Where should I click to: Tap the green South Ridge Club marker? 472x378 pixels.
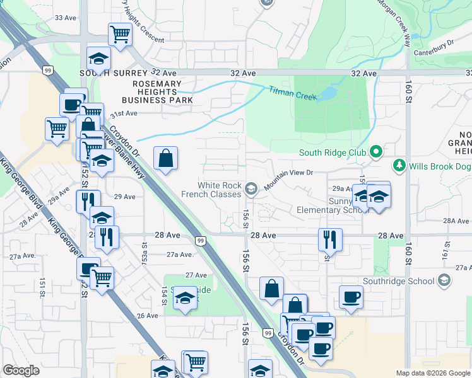coord(377,152)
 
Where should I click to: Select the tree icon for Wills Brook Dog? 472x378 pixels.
coord(399,166)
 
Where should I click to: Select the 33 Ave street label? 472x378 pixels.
coord(65,18)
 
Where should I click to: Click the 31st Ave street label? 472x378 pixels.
coord(124,113)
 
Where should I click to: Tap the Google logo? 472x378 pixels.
coord(21,370)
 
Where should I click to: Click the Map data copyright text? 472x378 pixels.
coord(432,373)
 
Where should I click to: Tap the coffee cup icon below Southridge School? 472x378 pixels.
coord(351,296)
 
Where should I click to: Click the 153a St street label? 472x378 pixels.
coord(145,255)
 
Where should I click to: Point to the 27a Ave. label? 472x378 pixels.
coord(179,255)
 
